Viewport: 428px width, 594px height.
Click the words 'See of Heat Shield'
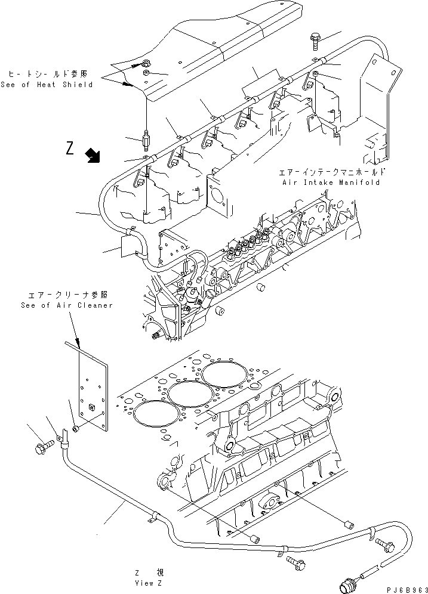click(47, 85)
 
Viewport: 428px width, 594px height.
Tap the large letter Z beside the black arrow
click(70, 148)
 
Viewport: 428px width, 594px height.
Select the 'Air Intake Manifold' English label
click(331, 182)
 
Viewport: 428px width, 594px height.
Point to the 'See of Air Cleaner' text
click(65, 305)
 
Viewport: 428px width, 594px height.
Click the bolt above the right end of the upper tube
click(315, 42)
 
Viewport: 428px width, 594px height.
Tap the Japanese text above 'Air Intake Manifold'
click(331, 172)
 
